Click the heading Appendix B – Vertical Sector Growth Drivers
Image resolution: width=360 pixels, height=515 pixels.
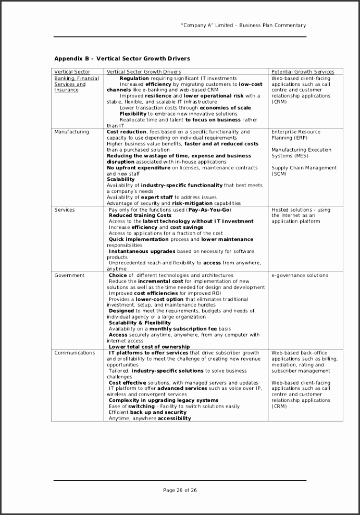[x=122, y=58]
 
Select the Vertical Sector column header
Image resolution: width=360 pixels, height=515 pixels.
[x=72, y=72]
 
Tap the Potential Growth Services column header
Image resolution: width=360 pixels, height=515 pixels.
[x=303, y=72]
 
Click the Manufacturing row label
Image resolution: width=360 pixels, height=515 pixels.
[x=71, y=132]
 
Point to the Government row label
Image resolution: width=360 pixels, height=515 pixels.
[x=69, y=275]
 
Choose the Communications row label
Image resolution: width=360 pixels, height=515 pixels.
[x=75, y=353]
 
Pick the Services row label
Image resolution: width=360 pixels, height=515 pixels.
[x=65, y=210]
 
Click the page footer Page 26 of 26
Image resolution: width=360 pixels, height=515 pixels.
[x=180, y=490]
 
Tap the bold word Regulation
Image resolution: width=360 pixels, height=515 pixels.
[x=134, y=78]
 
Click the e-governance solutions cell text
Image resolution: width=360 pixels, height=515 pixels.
[x=300, y=275]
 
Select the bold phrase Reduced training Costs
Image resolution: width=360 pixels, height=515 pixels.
[x=140, y=215]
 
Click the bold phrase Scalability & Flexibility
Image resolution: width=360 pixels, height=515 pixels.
[x=140, y=323]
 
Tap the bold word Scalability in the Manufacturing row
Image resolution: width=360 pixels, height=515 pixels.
[x=120, y=179]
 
